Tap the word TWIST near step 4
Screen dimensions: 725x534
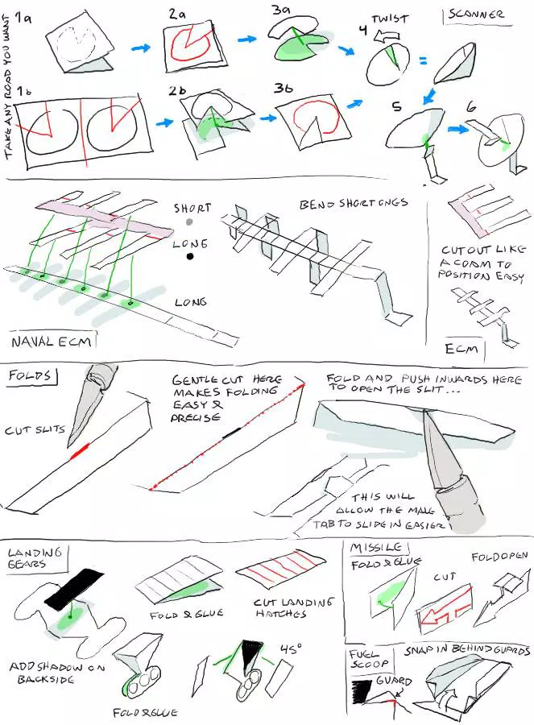tap(391, 19)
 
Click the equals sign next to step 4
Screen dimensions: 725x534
tap(422, 61)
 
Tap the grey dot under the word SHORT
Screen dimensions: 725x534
tap(189, 222)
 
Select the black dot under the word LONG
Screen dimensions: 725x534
tap(191, 257)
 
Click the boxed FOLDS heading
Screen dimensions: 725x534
tap(29, 375)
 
